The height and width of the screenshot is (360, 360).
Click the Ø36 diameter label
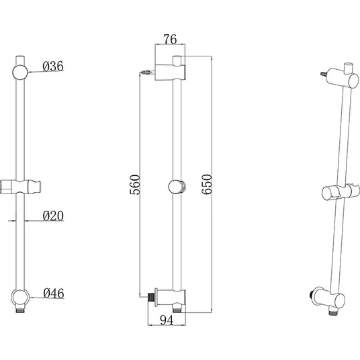(53, 66)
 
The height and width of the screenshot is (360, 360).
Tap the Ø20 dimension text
(53, 216)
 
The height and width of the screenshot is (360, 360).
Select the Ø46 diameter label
(54, 294)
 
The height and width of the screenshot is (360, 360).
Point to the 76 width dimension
(170, 39)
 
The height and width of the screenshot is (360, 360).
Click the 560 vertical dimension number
(135, 185)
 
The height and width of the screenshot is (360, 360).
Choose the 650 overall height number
(207, 185)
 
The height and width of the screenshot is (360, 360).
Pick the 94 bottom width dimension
(167, 320)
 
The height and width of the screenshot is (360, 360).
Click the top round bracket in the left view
(20, 73)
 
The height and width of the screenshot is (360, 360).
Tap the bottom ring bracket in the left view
(20, 298)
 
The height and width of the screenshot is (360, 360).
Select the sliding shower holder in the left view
(20, 187)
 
